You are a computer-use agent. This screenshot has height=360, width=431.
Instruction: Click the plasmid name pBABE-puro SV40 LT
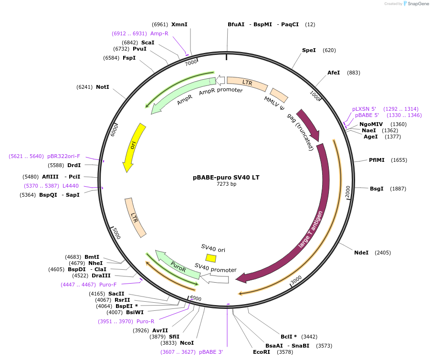click(226, 177)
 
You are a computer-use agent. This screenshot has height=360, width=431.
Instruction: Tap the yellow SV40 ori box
click(210, 258)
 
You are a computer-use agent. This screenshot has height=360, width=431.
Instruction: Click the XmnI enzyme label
click(179, 24)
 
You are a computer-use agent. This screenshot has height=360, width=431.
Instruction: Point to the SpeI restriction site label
click(309, 50)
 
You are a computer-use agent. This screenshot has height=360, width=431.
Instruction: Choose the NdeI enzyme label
click(361, 253)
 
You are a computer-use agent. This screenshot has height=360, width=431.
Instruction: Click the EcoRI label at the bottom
click(262, 352)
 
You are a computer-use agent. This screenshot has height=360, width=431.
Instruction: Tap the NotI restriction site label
click(102, 87)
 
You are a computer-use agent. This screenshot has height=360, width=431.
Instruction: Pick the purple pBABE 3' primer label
click(211, 352)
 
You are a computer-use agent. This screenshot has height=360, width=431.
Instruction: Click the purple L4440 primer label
click(71, 186)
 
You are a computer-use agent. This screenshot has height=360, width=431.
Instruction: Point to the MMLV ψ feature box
click(279, 95)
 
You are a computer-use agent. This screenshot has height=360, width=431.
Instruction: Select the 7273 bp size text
click(226, 184)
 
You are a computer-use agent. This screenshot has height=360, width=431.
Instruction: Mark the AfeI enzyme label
click(334, 73)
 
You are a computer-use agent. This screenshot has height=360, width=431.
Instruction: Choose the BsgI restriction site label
click(377, 189)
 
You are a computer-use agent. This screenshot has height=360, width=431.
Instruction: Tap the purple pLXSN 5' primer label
click(364, 109)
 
